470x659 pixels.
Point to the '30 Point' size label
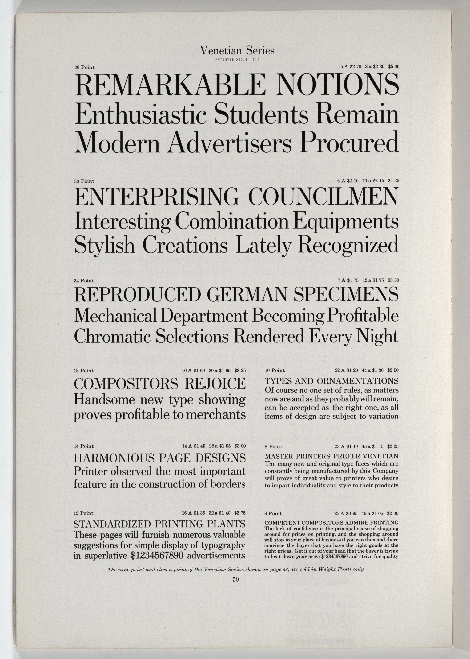tap(84, 181)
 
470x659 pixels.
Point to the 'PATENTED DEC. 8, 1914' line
tap(237, 60)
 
